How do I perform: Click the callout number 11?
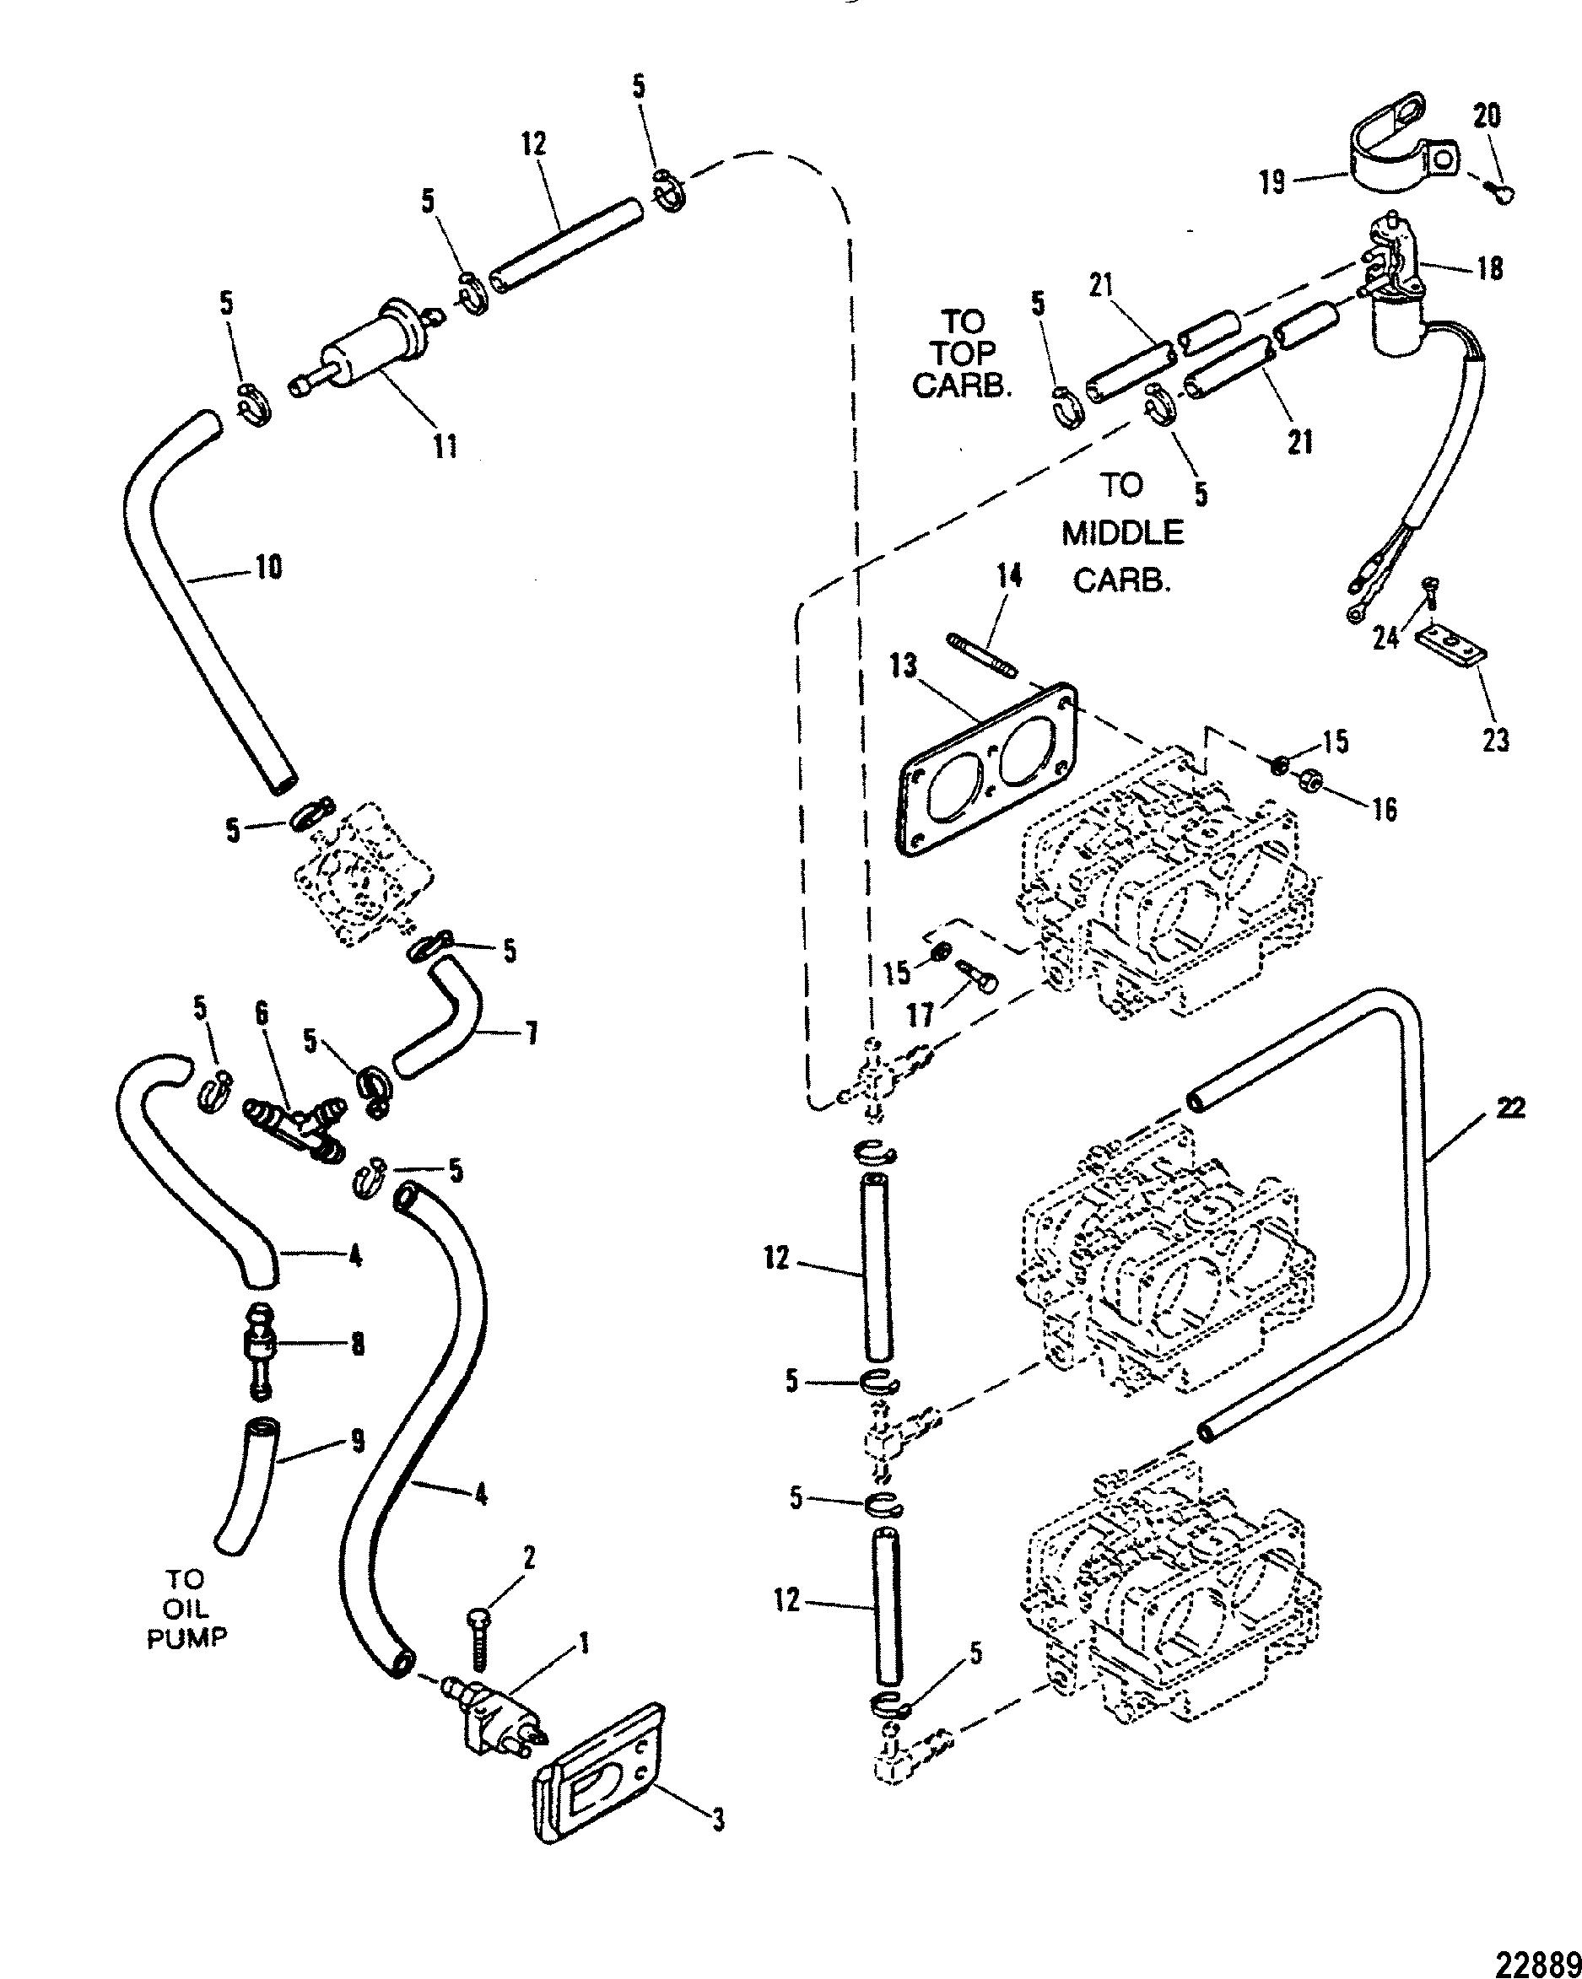445,447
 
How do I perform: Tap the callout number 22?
1509,1108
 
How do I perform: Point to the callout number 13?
904,666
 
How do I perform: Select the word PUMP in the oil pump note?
188,1637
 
